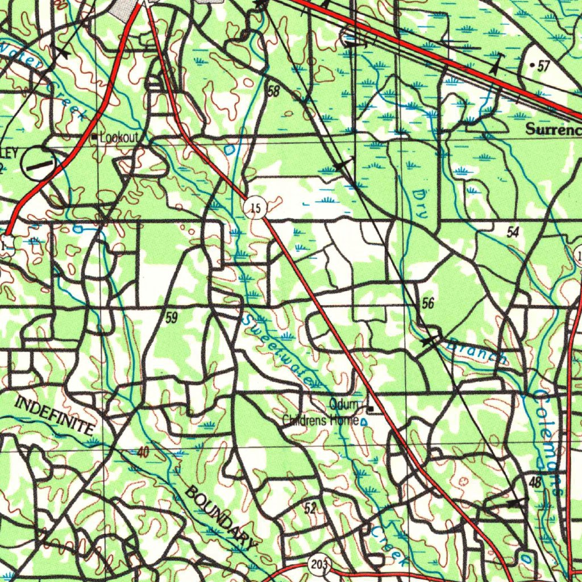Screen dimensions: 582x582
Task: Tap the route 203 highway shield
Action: coord(319,564)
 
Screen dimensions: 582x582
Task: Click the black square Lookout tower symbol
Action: coord(95,138)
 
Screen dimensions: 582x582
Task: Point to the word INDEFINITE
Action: coord(55,416)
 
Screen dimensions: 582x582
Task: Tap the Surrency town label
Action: coord(553,129)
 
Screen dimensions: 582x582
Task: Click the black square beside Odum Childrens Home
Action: coord(371,409)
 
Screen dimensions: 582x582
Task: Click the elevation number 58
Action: coord(273,91)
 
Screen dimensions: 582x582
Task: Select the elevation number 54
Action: coord(513,232)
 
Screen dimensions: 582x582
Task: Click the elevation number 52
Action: coord(310,508)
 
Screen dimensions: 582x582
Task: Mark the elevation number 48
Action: coord(535,482)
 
